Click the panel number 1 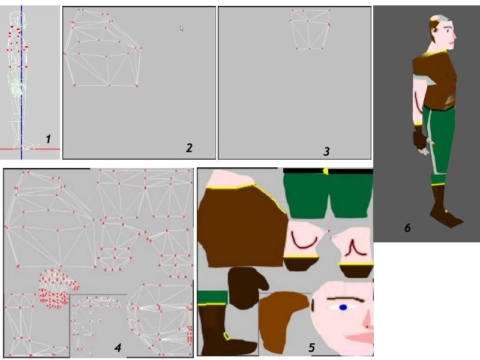(48, 139)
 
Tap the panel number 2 (189, 148)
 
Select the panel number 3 (326, 151)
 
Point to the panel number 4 (118, 347)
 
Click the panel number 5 (311, 347)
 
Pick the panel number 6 (407, 228)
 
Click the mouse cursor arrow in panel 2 (182, 28)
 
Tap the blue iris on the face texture (343, 307)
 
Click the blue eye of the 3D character (449, 31)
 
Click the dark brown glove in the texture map (247, 287)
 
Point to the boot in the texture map (225, 329)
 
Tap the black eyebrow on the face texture (346, 299)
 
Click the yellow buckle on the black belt (325, 171)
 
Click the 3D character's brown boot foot (446, 216)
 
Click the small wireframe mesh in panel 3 (310, 29)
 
